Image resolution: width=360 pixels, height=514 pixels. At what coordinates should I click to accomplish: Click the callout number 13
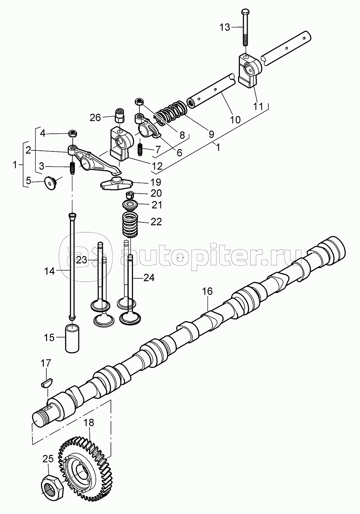tap(225, 27)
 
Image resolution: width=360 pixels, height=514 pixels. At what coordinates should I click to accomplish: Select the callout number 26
tap(95, 118)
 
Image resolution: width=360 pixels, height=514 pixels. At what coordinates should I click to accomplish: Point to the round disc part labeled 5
tap(50, 183)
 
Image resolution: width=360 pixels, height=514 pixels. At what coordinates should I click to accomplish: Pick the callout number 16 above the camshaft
tap(207, 291)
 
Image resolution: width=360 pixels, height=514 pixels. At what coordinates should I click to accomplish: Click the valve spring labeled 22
tap(130, 225)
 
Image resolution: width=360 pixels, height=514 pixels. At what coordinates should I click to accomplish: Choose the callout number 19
tap(155, 182)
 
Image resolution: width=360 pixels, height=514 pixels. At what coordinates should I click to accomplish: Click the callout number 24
tap(149, 278)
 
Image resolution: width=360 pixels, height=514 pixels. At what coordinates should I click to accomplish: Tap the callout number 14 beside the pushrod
tap(49, 272)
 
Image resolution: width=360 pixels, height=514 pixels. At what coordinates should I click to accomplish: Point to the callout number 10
tap(235, 119)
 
